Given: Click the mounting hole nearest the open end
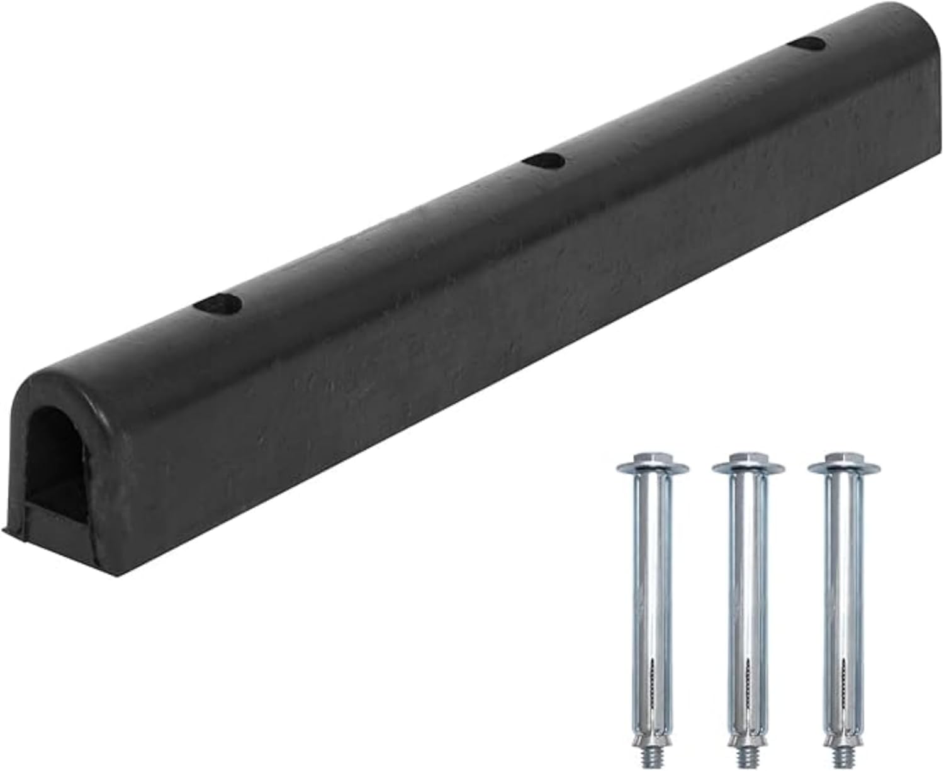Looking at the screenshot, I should click(218, 304).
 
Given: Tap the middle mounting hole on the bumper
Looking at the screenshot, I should click(543, 161).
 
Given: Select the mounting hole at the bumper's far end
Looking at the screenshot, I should click(807, 44).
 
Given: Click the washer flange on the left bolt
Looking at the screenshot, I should click(652, 468).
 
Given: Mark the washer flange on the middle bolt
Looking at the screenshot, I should click(748, 468).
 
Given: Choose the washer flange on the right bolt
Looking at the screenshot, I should click(843, 468).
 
